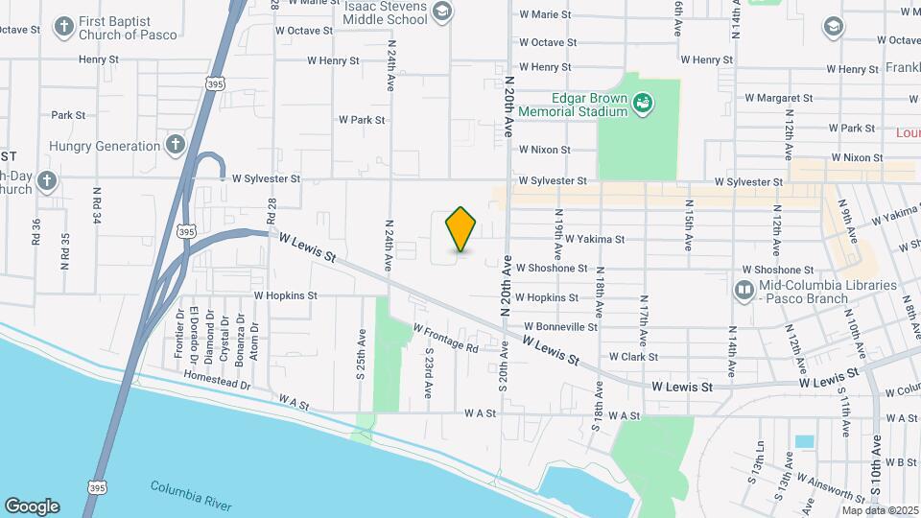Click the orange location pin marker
[x=460, y=229]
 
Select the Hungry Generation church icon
[x=175, y=146]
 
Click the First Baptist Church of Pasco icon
[x=63, y=26]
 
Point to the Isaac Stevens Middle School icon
[x=441, y=11]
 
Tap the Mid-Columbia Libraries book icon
[x=744, y=289]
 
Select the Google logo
[x=32, y=506]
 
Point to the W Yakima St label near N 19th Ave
[x=594, y=239]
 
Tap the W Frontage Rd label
[x=445, y=338]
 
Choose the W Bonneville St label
[x=555, y=326]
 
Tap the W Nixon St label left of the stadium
[x=544, y=150]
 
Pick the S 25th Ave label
[x=361, y=352]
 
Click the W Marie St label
[x=544, y=14]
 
